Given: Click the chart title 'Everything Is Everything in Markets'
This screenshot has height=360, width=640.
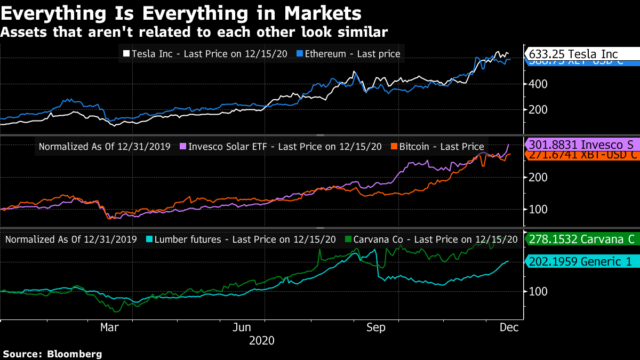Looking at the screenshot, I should (x=181, y=12).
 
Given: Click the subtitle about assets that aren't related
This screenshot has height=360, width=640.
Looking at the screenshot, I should (x=194, y=32).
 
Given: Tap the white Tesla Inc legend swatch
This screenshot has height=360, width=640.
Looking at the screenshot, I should (x=126, y=53).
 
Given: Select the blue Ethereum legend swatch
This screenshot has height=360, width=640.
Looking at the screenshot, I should (x=300, y=53).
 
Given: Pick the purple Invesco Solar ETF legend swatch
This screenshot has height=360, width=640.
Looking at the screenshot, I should (x=183, y=147).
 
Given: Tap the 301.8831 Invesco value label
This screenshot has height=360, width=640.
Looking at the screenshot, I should (x=581, y=144).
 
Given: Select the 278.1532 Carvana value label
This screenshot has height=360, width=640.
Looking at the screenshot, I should (x=581, y=239).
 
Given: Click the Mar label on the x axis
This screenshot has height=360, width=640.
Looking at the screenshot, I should (x=109, y=327).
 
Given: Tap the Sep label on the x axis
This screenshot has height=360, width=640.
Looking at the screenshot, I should (x=377, y=327).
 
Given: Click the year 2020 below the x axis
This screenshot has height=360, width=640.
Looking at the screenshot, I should (x=261, y=340).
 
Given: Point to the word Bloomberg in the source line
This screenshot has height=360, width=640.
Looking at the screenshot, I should (x=75, y=354).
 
